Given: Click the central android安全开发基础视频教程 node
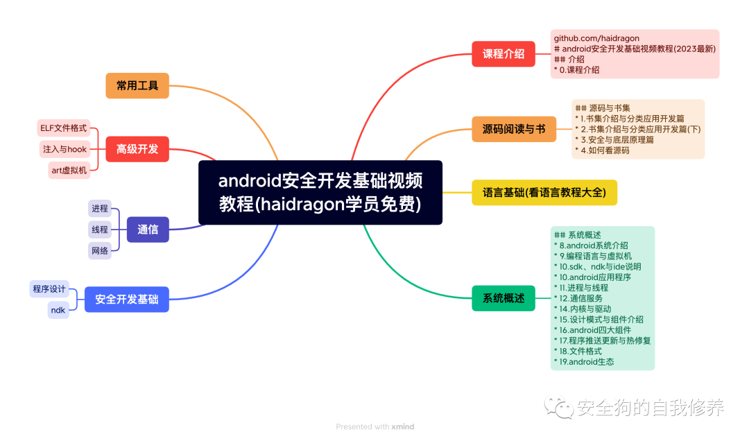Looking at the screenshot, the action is [320, 193].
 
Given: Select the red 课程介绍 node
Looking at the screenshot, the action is [503, 54].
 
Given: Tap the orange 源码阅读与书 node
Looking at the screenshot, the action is [514, 129].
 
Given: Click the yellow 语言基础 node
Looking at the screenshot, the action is [544, 192].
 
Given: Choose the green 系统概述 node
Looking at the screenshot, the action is [503, 298].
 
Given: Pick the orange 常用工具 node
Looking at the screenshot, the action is [137, 86].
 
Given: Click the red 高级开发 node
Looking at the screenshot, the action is [137, 149].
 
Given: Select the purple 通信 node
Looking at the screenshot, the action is [148, 230].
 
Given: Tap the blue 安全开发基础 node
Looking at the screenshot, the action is [126, 300].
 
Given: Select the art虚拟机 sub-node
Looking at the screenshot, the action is [69, 170].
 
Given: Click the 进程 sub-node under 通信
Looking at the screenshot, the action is [100, 208].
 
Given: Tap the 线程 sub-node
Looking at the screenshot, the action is [100, 230].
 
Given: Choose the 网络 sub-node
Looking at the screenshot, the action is [100, 251].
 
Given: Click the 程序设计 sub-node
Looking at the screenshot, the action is [49, 289].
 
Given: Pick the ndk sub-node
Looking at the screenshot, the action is [58, 310].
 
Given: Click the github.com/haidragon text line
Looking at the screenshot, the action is [596, 38].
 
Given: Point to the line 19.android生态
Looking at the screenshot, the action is [587, 361].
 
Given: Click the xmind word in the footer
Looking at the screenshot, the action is [402, 426].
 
